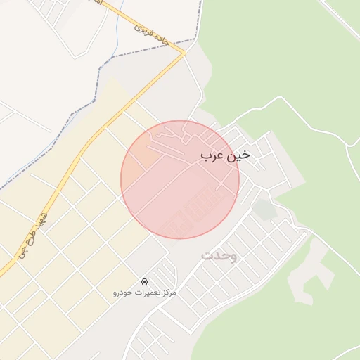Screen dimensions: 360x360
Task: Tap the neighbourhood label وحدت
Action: pyautogui.click(x=219, y=255)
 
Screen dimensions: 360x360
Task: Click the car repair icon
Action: pyautogui.click(x=145, y=281)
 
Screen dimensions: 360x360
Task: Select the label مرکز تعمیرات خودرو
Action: pyautogui.click(x=145, y=291)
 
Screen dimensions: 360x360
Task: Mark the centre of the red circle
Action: pyautogui.click(x=180, y=179)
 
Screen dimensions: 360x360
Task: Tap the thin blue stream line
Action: pyautogui.click(x=113, y=28)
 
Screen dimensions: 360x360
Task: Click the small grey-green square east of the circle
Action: pyautogui.click(x=264, y=209)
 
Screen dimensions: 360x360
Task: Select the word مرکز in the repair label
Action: pyautogui.click(x=168, y=292)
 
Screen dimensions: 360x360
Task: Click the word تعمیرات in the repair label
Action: pyautogui.click(x=146, y=292)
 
